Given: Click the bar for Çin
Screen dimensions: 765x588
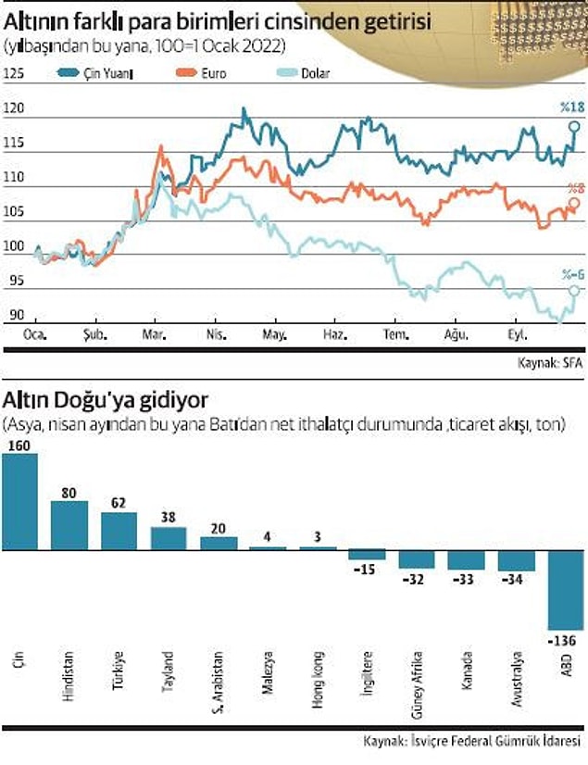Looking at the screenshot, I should [x=20, y=501].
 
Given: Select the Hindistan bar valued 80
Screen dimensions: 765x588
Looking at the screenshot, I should [x=69, y=525].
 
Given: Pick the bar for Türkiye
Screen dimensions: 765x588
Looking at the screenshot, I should [x=119, y=531].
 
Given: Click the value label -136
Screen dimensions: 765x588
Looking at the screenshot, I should [x=565, y=640].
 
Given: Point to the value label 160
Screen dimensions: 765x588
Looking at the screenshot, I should [x=19, y=445].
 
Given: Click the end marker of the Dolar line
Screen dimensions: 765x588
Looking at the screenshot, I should [x=575, y=291].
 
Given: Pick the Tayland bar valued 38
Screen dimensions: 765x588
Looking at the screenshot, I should [x=169, y=538].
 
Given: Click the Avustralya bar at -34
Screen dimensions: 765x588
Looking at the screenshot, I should [x=516, y=559].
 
